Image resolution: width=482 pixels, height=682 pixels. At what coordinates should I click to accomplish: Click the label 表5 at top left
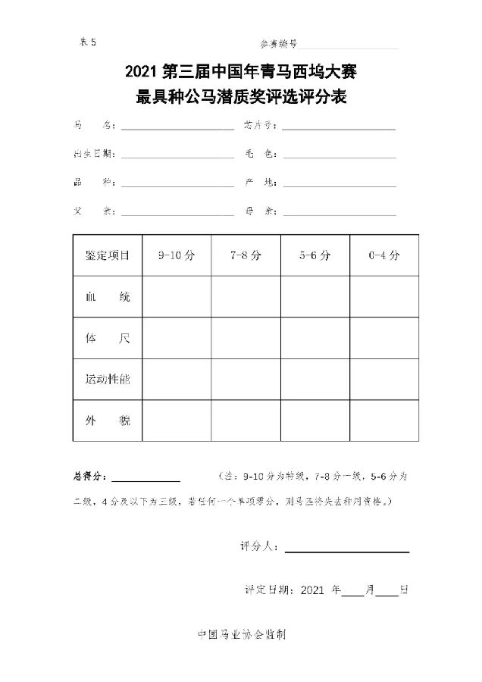pyautogui.click(x=89, y=42)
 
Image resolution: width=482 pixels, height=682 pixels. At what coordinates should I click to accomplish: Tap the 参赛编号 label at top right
pyautogui.click(x=278, y=44)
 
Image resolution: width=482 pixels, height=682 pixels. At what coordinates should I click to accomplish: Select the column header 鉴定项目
pyautogui.click(x=108, y=255)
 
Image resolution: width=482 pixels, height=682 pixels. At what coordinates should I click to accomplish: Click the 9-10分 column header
pyautogui.click(x=177, y=255)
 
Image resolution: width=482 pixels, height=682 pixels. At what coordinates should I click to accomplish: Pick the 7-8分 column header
pyautogui.click(x=246, y=255)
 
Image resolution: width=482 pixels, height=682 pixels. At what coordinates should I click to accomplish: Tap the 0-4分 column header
pyautogui.click(x=384, y=255)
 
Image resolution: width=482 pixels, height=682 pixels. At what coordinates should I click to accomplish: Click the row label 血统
pyautogui.click(x=108, y=297)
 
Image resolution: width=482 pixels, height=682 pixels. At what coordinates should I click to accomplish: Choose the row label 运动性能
pyautogui.click(x=108, y=379)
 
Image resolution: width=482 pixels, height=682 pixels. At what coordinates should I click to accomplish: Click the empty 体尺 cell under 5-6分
pyautogui.click(x=315, y=338)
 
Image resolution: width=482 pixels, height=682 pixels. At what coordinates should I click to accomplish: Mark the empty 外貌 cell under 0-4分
pyautogui.click(x=384, y=420)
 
